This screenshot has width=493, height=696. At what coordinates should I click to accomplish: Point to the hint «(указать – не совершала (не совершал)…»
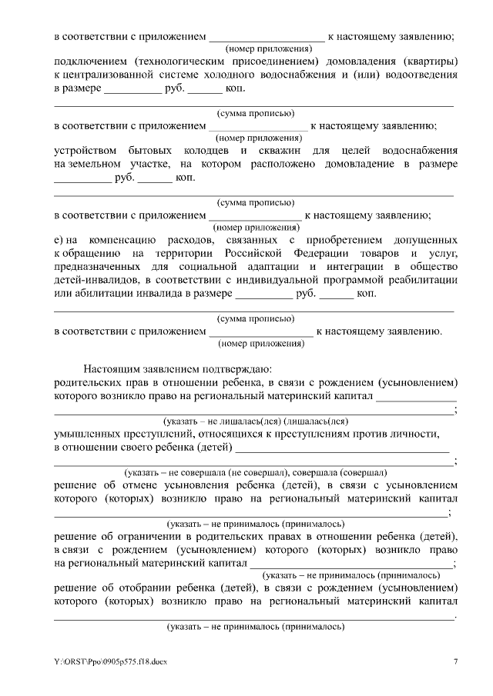tap(256, 472)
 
